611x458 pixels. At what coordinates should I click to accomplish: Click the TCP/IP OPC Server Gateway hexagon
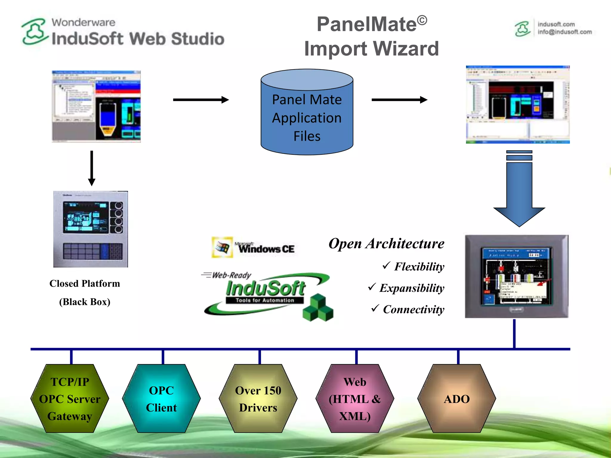[x=70, y=399]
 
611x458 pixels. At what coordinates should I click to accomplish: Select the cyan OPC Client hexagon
[x=161, y=399]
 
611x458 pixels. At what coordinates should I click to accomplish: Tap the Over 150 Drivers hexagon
[x=258, y=399]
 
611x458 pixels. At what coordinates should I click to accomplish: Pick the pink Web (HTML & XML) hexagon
[x=355, y=399]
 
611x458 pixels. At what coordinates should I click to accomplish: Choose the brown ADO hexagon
[x=456, y=399]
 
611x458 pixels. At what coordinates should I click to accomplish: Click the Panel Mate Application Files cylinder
[x=307, y=118]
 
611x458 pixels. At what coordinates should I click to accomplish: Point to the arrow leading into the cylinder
[x=201, y=100]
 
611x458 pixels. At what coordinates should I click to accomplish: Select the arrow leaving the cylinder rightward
[x=399, y=100]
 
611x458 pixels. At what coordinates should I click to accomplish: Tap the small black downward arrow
[x=92, y=168]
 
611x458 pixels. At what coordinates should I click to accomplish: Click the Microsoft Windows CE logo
[x=253, y=247]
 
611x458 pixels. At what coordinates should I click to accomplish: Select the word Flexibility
[x=419, y=267]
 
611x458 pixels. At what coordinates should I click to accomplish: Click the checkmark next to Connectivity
[x=375, y=308]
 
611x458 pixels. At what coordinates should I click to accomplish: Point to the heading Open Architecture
[x=386, y=244]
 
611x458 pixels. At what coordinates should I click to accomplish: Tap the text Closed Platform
[x=85, y=283]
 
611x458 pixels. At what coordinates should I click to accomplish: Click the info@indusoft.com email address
[x=564, y=32]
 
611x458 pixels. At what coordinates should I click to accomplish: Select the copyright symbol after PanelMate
[x=422, y=21]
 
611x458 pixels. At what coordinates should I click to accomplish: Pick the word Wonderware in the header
[x=83, y=22]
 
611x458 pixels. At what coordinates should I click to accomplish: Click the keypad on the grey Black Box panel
[x=92, y=251]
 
